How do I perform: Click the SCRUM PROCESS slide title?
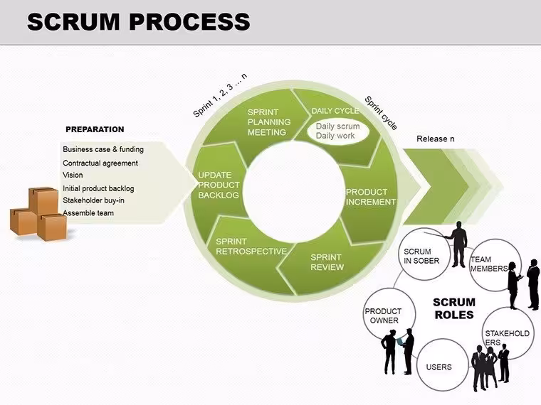coord(138,21)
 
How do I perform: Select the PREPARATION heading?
coord(95,129)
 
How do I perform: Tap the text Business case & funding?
coord(103,149)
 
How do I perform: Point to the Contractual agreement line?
coord(100,163)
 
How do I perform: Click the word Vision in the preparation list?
coord(73,175)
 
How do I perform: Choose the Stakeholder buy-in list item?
coord(93,200)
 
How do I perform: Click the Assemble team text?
coord(88,213)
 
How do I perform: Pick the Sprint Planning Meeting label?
coord(269,122)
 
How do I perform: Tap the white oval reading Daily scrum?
coord(338,131)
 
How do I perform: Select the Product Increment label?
coord(371,197)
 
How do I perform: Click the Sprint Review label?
coord(327,262)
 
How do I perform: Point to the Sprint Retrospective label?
coord(251,247)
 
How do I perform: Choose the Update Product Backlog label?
coord(219,185)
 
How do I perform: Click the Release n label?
coord(436,139)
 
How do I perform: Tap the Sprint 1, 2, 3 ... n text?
coord(220,95)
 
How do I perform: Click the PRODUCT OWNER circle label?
coord(383,315)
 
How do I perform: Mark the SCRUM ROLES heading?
coord(454,308)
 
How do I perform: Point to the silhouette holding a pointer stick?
coord(456,244)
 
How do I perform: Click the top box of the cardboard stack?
coord(43,201)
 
